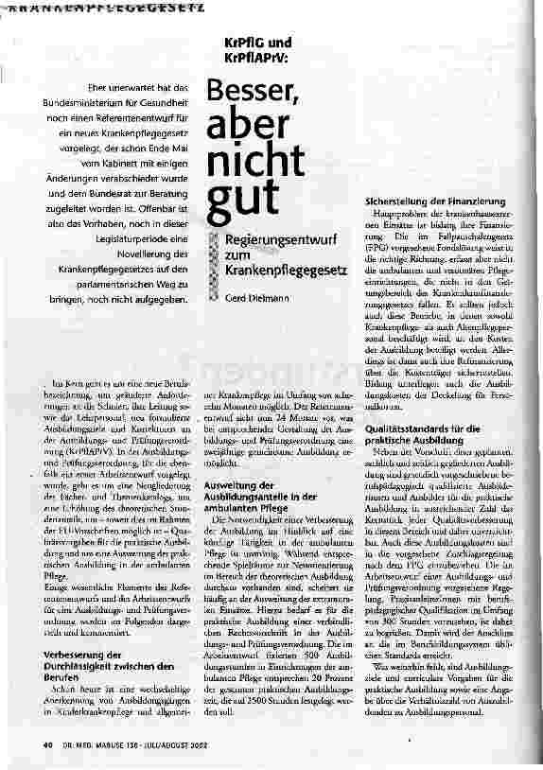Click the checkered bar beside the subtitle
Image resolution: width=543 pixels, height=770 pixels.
(x=216, y=257)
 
